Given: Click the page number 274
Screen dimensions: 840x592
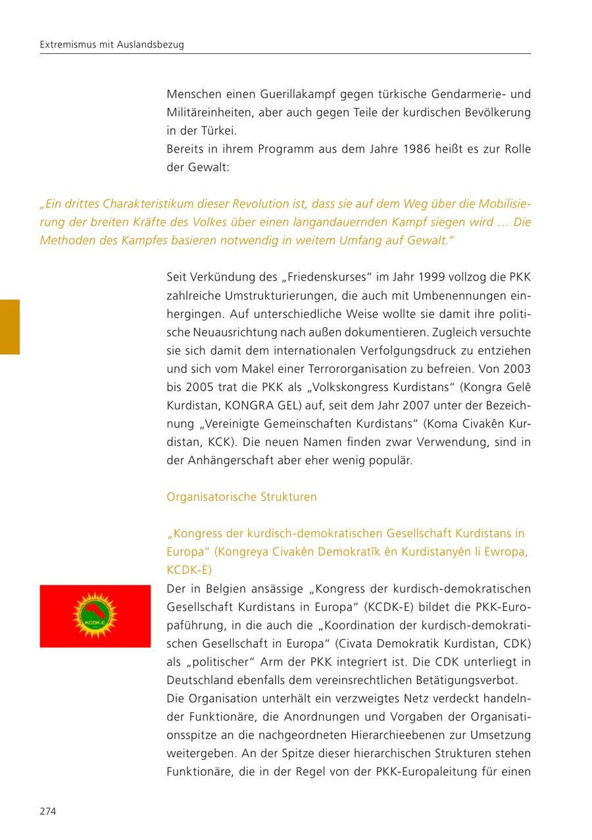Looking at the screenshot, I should click(48, 811).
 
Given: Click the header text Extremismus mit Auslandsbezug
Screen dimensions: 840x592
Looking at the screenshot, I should click(112, 45).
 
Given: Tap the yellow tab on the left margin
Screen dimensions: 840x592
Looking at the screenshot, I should click(10, 327).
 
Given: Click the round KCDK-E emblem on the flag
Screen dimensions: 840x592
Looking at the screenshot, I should click(95, 616).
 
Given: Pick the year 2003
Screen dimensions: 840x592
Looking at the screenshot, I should click(517, 369).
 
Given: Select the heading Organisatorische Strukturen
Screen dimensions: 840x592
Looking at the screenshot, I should click(241, 497).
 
